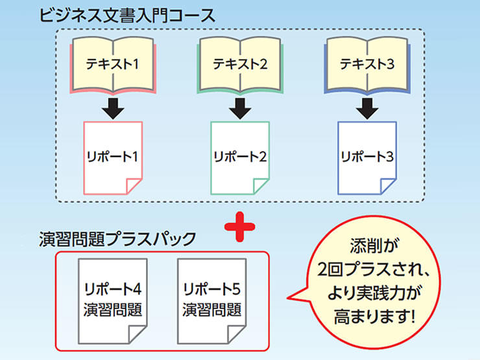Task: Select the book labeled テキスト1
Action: click(x=114, y=64)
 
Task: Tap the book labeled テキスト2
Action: click(x=240, y=64)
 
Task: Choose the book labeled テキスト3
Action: click(x=367, y=64)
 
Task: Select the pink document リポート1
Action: click(x=114, y=156)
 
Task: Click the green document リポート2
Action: click(x=240, y=156)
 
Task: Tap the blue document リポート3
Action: click(x=367, y=156)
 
